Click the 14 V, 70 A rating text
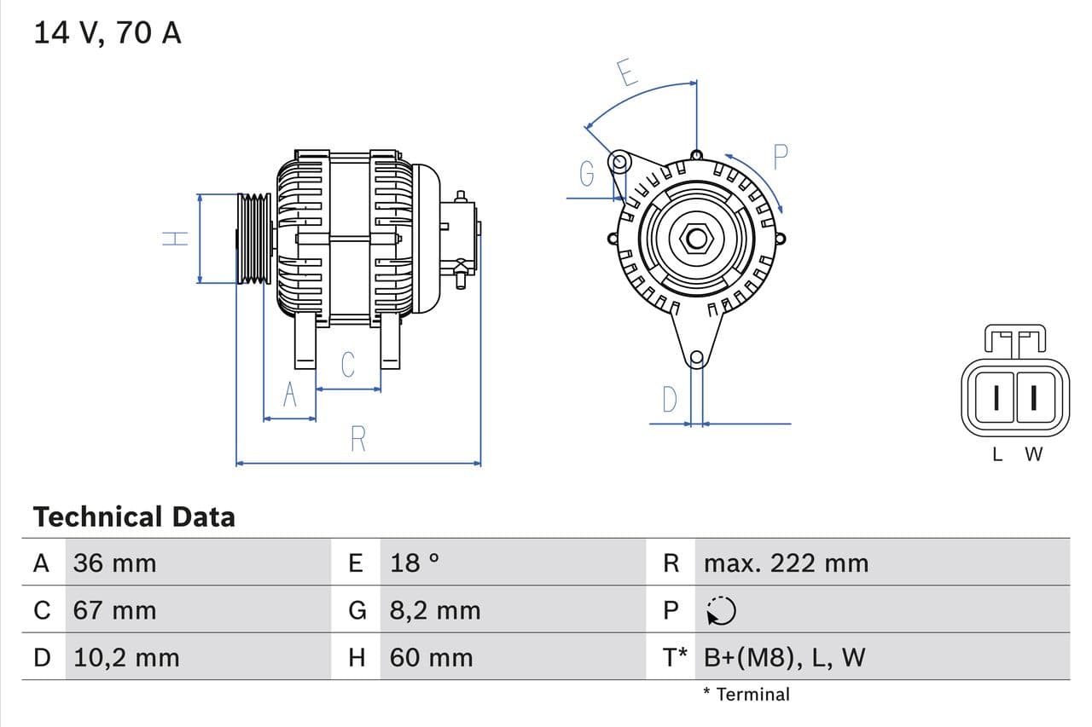pyautogui.click(x=107, y=33)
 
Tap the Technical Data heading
pyautogui.click(x=134, y=516)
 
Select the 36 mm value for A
pyautogui.click(x=114, y=563)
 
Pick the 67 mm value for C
pyautogui.click(x=114, y=610)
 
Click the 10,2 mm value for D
pyautogui.click(x=126, y=658)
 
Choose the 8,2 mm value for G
pyautogui.click(x=435, y=610)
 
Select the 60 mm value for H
pyautogui.click(x=431, y=658)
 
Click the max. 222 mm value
pyautogui.click(x=786, y=563)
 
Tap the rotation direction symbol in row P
pyautogui.click(x=721, y=610)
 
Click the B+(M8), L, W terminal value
pyautogui.click(x=784, y=658)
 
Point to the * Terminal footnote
pyautogui.click(x=746, y=695)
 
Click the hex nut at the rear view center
pyautogui.click(x=696, y=239)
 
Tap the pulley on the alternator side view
pyautogui.click(x=253, y=239)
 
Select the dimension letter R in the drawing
pyautogui.click(x=358, y=439)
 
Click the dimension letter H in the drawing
pyautogui.click(x=175, y=239)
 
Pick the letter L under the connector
pyautogui.click(x=997, y=455)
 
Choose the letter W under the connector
pyautogui.click(x=1033, y=455)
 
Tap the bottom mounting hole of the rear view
pyautogui.click(x=696, y=358)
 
